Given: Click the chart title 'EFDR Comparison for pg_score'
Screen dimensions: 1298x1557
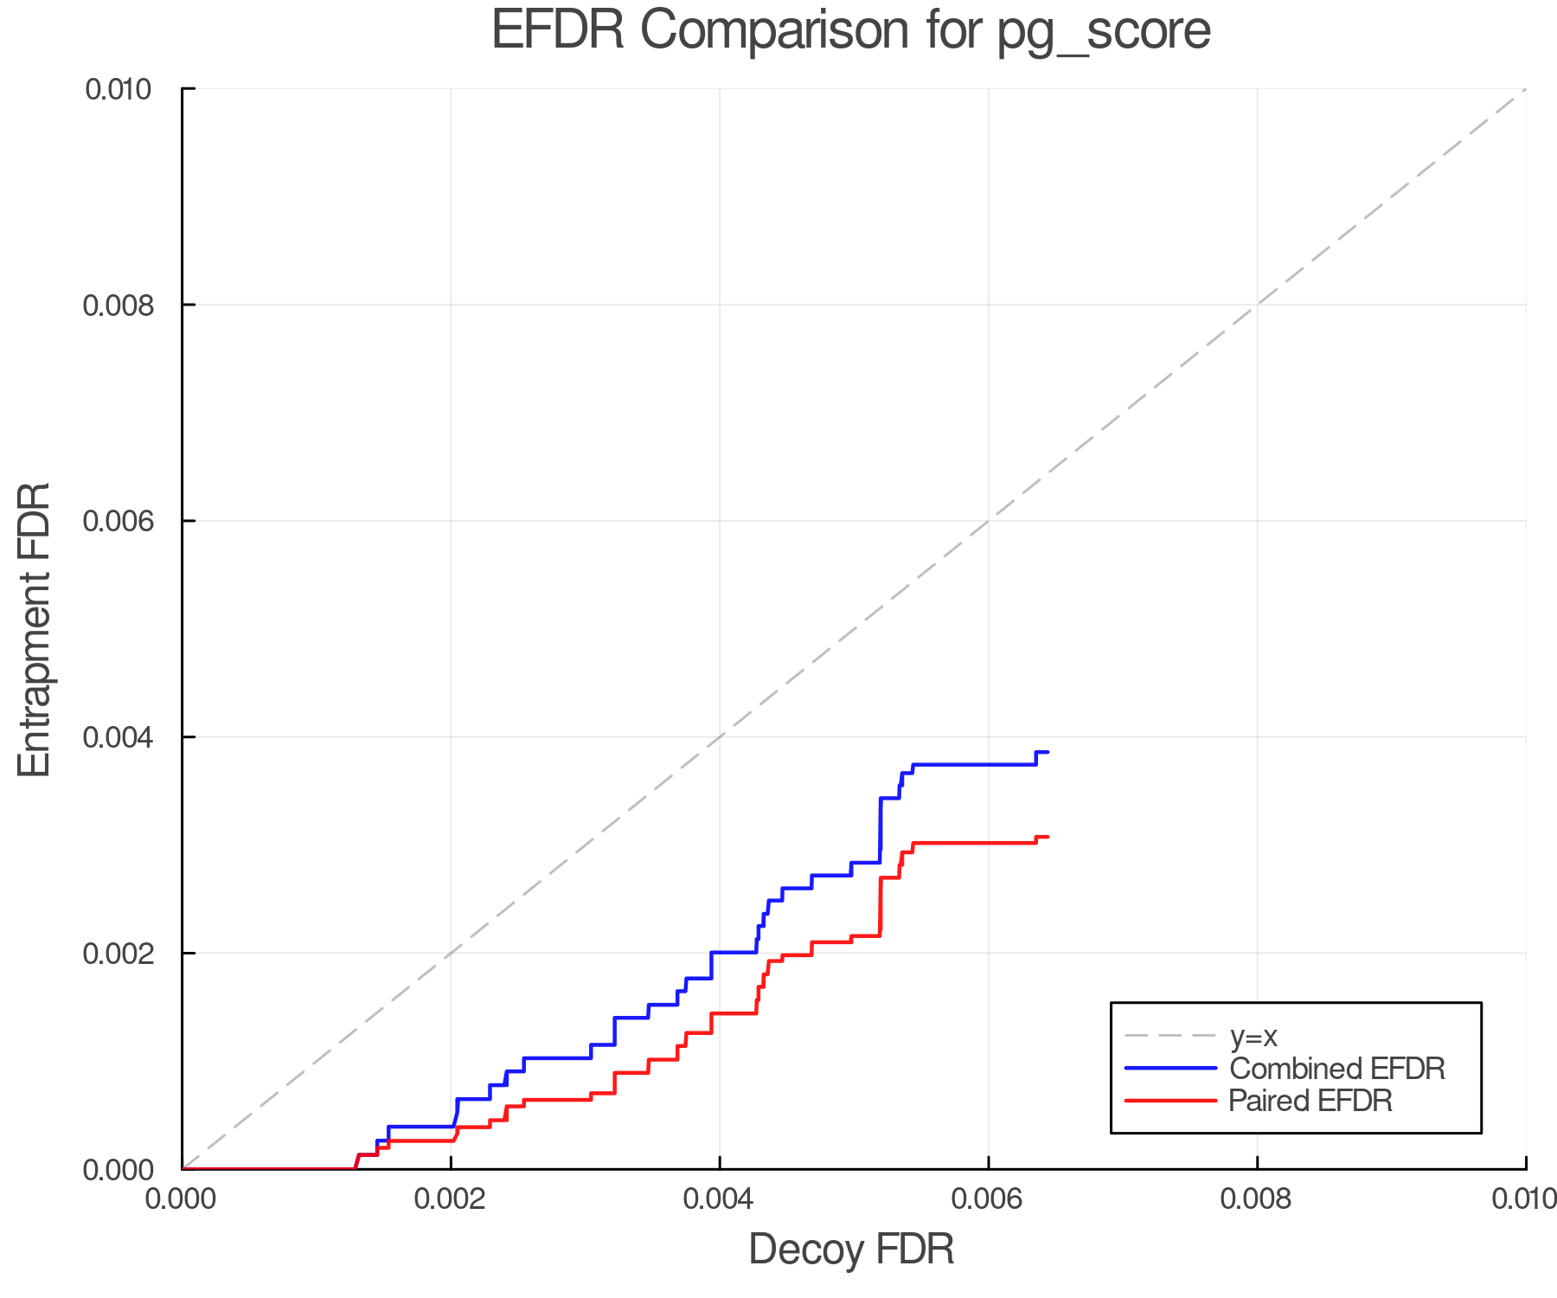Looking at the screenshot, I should coord(851,31).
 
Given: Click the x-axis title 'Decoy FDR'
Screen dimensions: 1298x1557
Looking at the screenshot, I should coord(851,1250).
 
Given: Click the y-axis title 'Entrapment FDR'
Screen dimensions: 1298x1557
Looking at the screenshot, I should coord(35,629).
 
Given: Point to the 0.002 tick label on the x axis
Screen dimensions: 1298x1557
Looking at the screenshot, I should coord(450,1198).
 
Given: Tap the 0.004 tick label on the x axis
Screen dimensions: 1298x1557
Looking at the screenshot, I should coord(719,1198).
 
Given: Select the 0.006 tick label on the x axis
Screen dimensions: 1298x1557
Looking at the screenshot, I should coord(988,1198).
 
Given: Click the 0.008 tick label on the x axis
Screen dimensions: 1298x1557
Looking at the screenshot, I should coord(1257,1198).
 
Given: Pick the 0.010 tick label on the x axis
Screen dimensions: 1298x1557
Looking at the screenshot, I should coord(1524,1198).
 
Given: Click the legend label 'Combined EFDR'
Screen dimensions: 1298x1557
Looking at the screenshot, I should coord(1337,1069).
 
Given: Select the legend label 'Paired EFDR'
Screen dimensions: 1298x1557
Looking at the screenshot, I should coord(1310,1101).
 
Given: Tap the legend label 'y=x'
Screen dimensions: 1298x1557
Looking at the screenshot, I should coord(1253,1037).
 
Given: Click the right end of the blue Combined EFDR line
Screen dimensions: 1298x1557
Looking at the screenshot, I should coord(1048,752).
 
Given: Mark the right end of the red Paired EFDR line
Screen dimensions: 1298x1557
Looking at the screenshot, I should coord(1048,837).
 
